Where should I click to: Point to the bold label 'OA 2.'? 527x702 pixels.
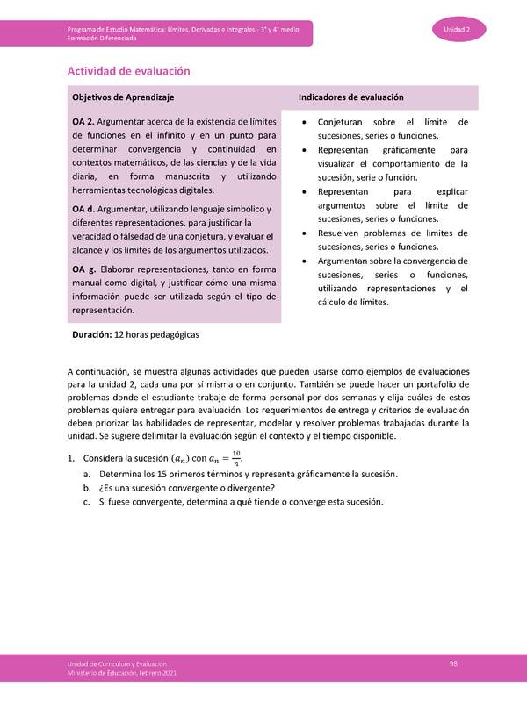click(x=87, y=121)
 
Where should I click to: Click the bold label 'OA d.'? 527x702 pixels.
click(x=87, y=208)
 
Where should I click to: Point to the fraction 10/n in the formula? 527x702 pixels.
click(x=234, y=457)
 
